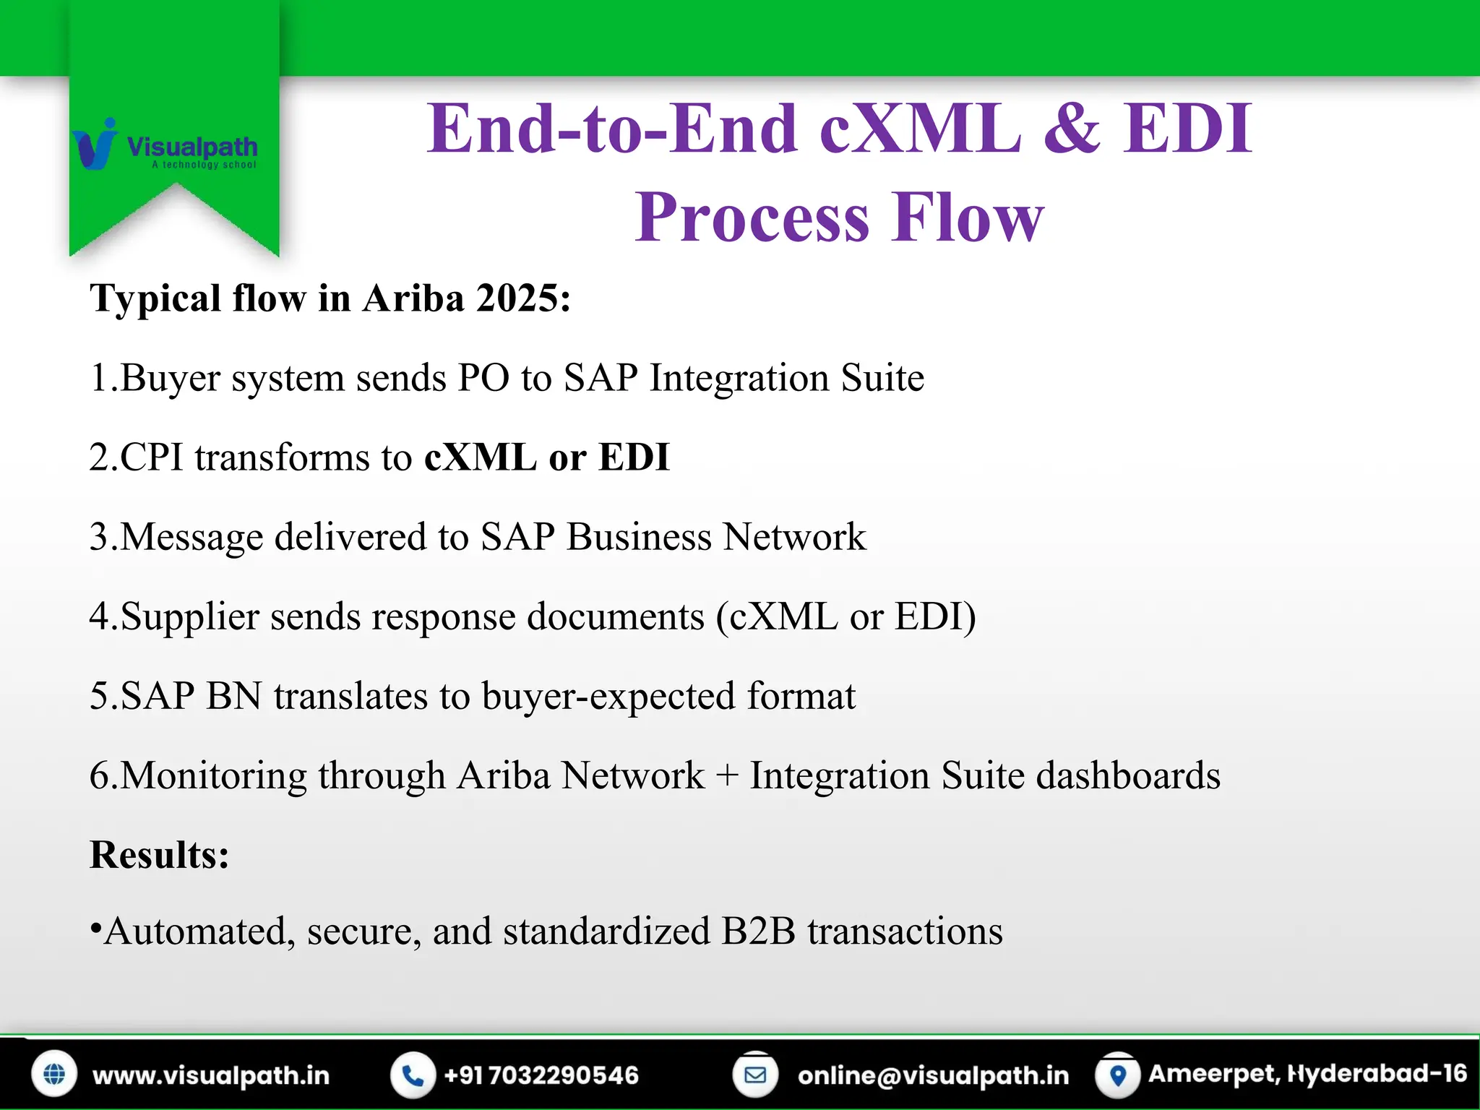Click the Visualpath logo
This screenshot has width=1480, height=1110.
coord(165,147)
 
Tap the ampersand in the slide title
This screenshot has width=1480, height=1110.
coord(1072,129)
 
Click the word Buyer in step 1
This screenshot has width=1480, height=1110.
coord(171,378)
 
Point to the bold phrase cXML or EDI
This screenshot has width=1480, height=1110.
coord(546,457)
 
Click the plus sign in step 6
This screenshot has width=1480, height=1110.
coord(727,776)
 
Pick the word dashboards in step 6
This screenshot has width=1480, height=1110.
coord(1128,775)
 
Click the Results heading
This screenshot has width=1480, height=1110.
coord(160,855)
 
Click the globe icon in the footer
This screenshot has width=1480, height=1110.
coord(54,1075)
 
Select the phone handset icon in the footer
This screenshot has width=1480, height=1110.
coord(413,1075)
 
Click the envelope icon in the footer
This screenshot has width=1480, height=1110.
coord(755,1075)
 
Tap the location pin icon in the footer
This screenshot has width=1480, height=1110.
coord(1118,1075)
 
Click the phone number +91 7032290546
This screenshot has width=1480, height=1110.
coord(541,1075)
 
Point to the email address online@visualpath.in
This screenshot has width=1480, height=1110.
coord(933,1075)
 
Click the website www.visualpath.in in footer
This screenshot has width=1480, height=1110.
coord(210,1075)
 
